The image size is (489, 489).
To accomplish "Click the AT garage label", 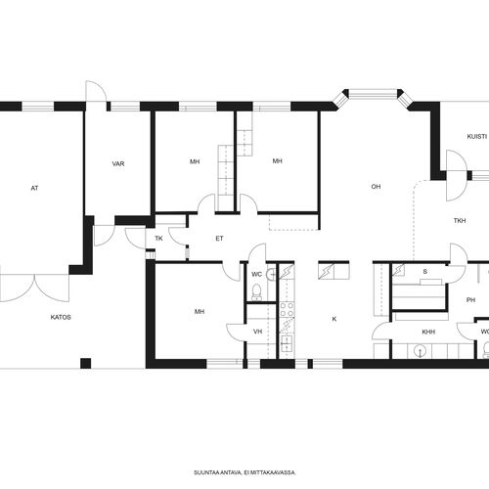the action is pyautogui.click(x=34, y=188).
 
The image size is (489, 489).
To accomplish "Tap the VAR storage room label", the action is pyautogui.click(x=118, y=163).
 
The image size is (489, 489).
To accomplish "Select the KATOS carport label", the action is pyautogui.click(x=61, y=317).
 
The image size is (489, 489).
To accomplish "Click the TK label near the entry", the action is pyautogui.click(x=158, y=239).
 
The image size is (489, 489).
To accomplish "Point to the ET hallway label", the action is pyautogui.click(x=219, y=239).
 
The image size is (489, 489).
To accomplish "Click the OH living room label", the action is pyautogui.click(x=376, y=187).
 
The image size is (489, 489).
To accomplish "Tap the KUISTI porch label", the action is pyautogui.click(x=477, y=137).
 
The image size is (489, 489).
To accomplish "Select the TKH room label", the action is pyautogui.click(x=460, y=221).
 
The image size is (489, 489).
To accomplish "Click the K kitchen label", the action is pyautogui.click(x=334, y=319).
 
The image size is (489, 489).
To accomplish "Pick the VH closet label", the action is pyautogui.click(x=258, y=332).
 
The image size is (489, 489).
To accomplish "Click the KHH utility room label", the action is pyautogui.click(x=428, y=333).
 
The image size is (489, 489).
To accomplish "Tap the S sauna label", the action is pyautogui.click(x=425, y=272).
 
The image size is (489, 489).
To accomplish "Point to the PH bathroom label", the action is pyautogui.click(x=470, y=300).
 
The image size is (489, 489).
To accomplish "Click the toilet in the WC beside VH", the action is pyautogui.click(x=257, y=292).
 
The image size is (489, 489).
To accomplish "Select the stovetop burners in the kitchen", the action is pyautogui.click(x=288, y=310).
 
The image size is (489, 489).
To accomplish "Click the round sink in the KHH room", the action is pyautogui.click(x=420, y=351).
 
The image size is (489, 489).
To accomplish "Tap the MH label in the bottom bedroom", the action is pyautogui.click(x=200, y=312).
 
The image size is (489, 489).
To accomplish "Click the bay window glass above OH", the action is pyautogui.click(x=373, y=94).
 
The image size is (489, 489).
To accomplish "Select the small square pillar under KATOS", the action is pyautogui.click(x=86, y=363).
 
